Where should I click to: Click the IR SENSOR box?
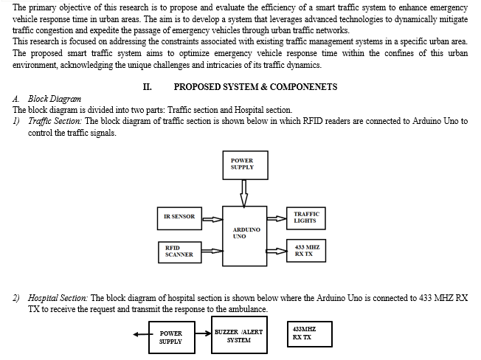pyautogui.click(x=179, y=218)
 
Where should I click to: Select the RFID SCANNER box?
pyautogui.click(x=180, y=252)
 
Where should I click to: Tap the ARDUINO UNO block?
pyautogui.click(x=244, y=236)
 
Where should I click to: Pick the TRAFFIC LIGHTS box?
pyautogui.click(x=306, y=218)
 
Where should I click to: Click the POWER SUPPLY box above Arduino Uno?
pyautogui.click(x=245, y=165)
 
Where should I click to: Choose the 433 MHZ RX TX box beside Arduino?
pyautogui.click(x=306, y=251)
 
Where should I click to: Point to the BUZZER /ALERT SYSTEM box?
pyautogui.click(x=239, y=335)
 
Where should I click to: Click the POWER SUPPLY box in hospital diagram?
pyautogui.click(x=172, y=337)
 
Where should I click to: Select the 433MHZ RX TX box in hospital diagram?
pyautogui.click(x=310, y=334)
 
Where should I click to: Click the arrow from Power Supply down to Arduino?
pyautogui.click(x=244, y=193)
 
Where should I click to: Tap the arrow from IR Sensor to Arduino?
pyautogui.click(x=212, y=219)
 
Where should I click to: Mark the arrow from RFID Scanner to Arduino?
pyautogui.click(x=212, y=251)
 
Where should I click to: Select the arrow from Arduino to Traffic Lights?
pyautogui.click(x=277, y=218)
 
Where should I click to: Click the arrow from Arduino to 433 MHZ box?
pyautogui.click(x=277, y=251)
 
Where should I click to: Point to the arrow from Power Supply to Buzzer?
pyautogui.click(x=203, y=333)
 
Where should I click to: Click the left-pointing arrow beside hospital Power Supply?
pyautogui.click(x=141, y=334)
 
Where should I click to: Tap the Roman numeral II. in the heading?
pyautogui.click(x=148, y=87)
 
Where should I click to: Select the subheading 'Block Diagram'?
pyautogui.click(x=55, y=99)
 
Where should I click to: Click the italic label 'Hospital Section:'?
pyautogui.click(x=58, y=298)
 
